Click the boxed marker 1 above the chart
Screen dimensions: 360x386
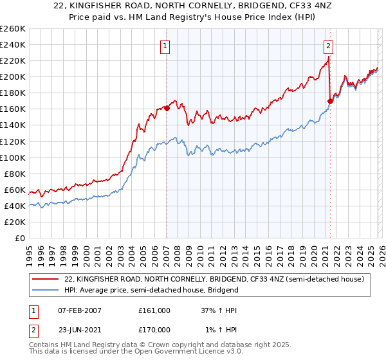(x=166, y=46)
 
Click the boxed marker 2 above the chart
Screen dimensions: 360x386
(x=329, y=46)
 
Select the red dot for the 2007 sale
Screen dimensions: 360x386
(x=167, y=108)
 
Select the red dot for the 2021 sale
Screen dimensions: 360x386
(x=330, y=101)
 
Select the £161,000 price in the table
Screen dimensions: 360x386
(x=154, y=310)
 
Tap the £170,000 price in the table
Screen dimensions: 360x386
(x=154, y=330)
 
